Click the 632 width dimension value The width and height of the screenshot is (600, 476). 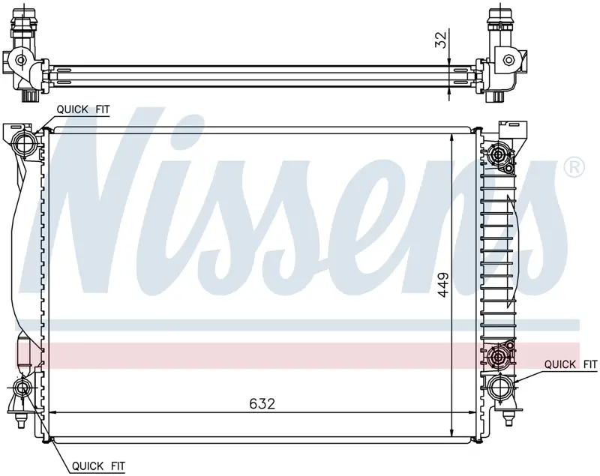[x=262, y=404]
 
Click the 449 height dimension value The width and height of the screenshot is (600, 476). [x=443, y=284]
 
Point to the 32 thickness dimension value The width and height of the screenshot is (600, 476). [x=441, y=40]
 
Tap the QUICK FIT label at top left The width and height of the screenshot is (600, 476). [x=83, y=109]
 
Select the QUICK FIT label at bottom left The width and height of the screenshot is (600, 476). [x=98, y=466]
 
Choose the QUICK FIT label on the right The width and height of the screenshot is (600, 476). [x=571, y=364]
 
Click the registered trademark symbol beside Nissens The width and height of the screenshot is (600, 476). [x=574, y=166]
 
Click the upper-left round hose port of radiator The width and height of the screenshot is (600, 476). [x=25, y=143]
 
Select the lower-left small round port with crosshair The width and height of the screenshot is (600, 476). [x=20, y=388]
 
